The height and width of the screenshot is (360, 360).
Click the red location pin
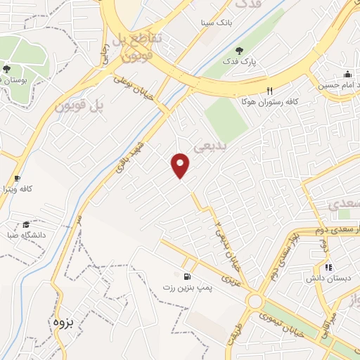tap(181, 165)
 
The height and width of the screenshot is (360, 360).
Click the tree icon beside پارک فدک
tap(239, 50)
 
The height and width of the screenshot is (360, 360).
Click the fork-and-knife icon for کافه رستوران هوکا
tap(269, 91)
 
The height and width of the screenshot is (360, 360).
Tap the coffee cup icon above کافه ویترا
tap(17, 178)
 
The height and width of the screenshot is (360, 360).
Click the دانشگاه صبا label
tap(27, 235)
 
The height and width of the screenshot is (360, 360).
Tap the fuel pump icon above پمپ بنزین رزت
tap(186, 276)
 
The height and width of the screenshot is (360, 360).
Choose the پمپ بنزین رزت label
tap(186, 288)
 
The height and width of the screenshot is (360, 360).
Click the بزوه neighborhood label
tap(63, 323)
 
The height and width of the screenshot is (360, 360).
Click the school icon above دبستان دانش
tap(328, 266)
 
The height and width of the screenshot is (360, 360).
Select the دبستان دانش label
tap(323, 278)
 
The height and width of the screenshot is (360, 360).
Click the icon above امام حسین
tap(347, 75)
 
